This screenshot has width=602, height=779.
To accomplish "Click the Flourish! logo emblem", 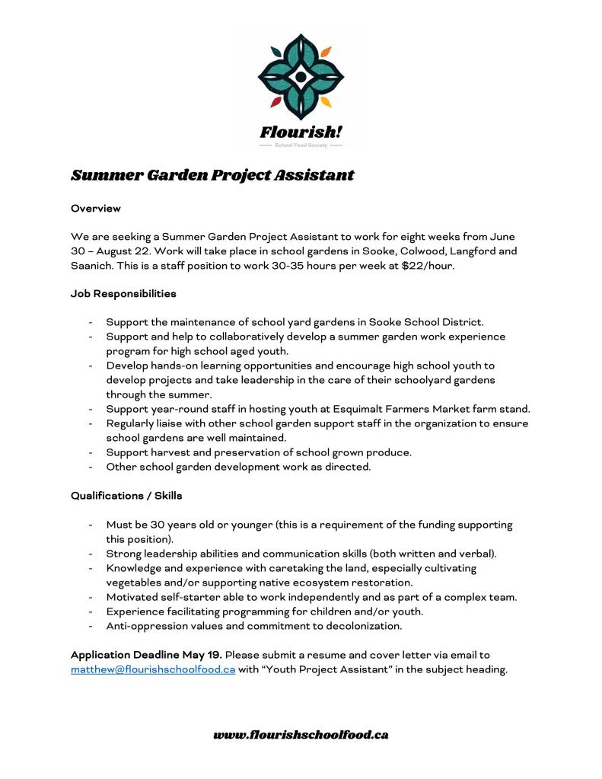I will click(301, 76).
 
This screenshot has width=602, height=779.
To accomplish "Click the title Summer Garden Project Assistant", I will click(212, 175).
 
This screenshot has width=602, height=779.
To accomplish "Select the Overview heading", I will click(96, 208).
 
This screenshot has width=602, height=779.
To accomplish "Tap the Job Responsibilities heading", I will click(123, 293).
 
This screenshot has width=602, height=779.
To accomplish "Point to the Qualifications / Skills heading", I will click(126, 496).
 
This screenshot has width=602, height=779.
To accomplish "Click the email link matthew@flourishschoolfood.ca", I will click(153, 669).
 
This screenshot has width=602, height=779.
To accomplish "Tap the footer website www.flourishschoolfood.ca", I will click(301, 735).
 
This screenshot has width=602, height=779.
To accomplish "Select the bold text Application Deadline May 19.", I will click(146, 655).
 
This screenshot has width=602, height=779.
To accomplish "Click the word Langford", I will click(451, 251).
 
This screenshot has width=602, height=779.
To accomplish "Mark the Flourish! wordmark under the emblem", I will click(301, 131).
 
